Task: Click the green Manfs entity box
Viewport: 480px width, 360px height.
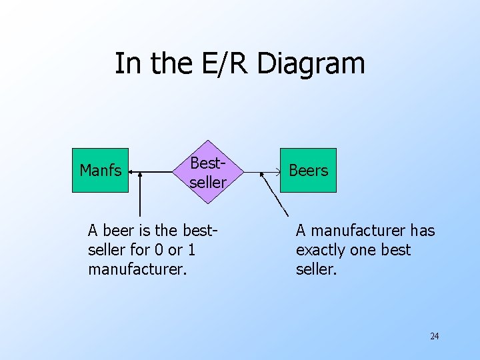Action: tap(100, 171)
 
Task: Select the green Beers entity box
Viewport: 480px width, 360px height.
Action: tap(308, 171)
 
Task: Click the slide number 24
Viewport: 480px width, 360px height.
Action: tap(434, 336)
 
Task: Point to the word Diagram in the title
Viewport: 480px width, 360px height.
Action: tap(311, 64)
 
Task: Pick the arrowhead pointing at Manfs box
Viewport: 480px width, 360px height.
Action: tap(131, 172)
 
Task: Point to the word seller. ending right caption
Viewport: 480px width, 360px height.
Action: tap(317, 269)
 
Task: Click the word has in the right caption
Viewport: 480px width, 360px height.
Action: tap(422, 231)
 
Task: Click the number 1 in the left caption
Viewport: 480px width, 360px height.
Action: tap(191, 250)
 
